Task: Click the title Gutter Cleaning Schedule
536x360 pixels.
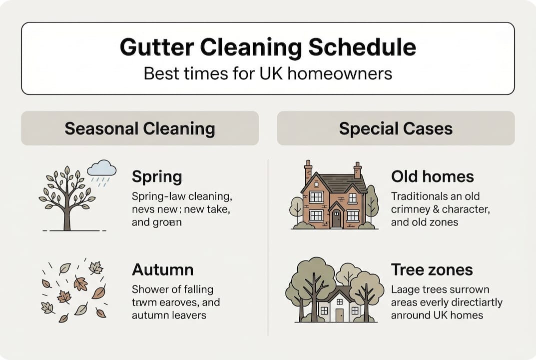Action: pyautogui.click(x=268, y=47)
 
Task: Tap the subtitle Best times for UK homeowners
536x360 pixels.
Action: pyautogui.click(x=268, y=73)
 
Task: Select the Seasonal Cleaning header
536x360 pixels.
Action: pyautogui.click(x=140, y=128)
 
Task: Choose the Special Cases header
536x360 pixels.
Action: pyautogui.click(x=396, y=128)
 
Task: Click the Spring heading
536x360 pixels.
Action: pyautogui.click(x=157, y=176)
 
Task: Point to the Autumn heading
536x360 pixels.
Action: pyautogui.click(x=162, y=270)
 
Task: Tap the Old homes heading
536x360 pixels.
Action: pyautogui.click(x=433, y=176)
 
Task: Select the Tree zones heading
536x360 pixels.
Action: pyautogui.click(x=432, y=270)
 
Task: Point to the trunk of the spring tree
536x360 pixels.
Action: pyautogui.click(x=67, y=217)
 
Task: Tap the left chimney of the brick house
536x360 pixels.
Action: pyautogui.click(x=308, y=170)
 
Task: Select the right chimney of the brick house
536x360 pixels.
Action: pyautogui.click(x=357, y=170)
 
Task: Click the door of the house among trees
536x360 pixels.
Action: pyautogui.click(x=340, y=314)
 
